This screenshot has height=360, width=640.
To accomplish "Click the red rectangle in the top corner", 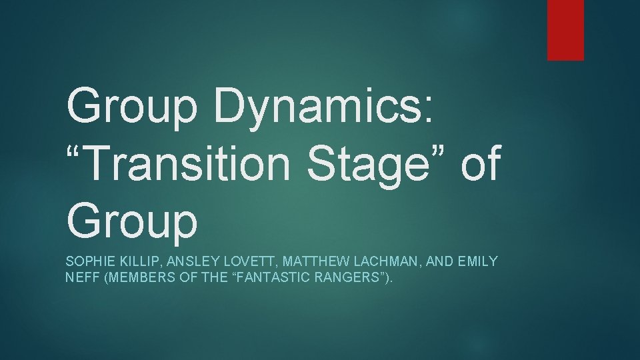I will pos(565,29).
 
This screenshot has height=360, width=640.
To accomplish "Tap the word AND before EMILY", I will pos(439,261).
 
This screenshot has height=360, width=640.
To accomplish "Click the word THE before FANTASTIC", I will pos(211,277).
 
